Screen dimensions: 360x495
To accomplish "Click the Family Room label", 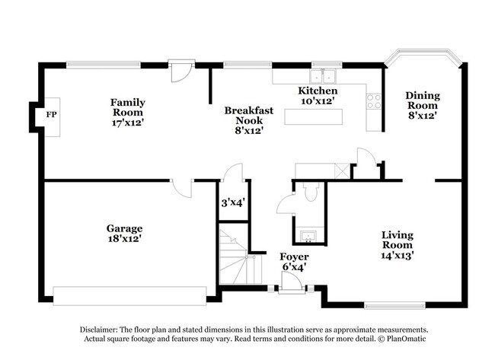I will (127, 111).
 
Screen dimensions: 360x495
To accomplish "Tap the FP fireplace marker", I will (51, 115).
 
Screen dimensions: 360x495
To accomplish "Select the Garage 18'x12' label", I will (123, 233).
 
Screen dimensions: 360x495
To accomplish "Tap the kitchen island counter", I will (314, 117).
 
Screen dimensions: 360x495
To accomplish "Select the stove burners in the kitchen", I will (373, 101).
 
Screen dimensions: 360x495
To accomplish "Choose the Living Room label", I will (397, 245).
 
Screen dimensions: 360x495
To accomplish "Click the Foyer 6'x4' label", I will (293, 262).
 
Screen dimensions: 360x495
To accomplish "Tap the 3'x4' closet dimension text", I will (232, 203).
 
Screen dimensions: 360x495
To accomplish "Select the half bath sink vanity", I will (309, 234).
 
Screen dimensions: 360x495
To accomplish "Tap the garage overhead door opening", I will (129, 293).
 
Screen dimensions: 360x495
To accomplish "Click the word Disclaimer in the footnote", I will (102, 329).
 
